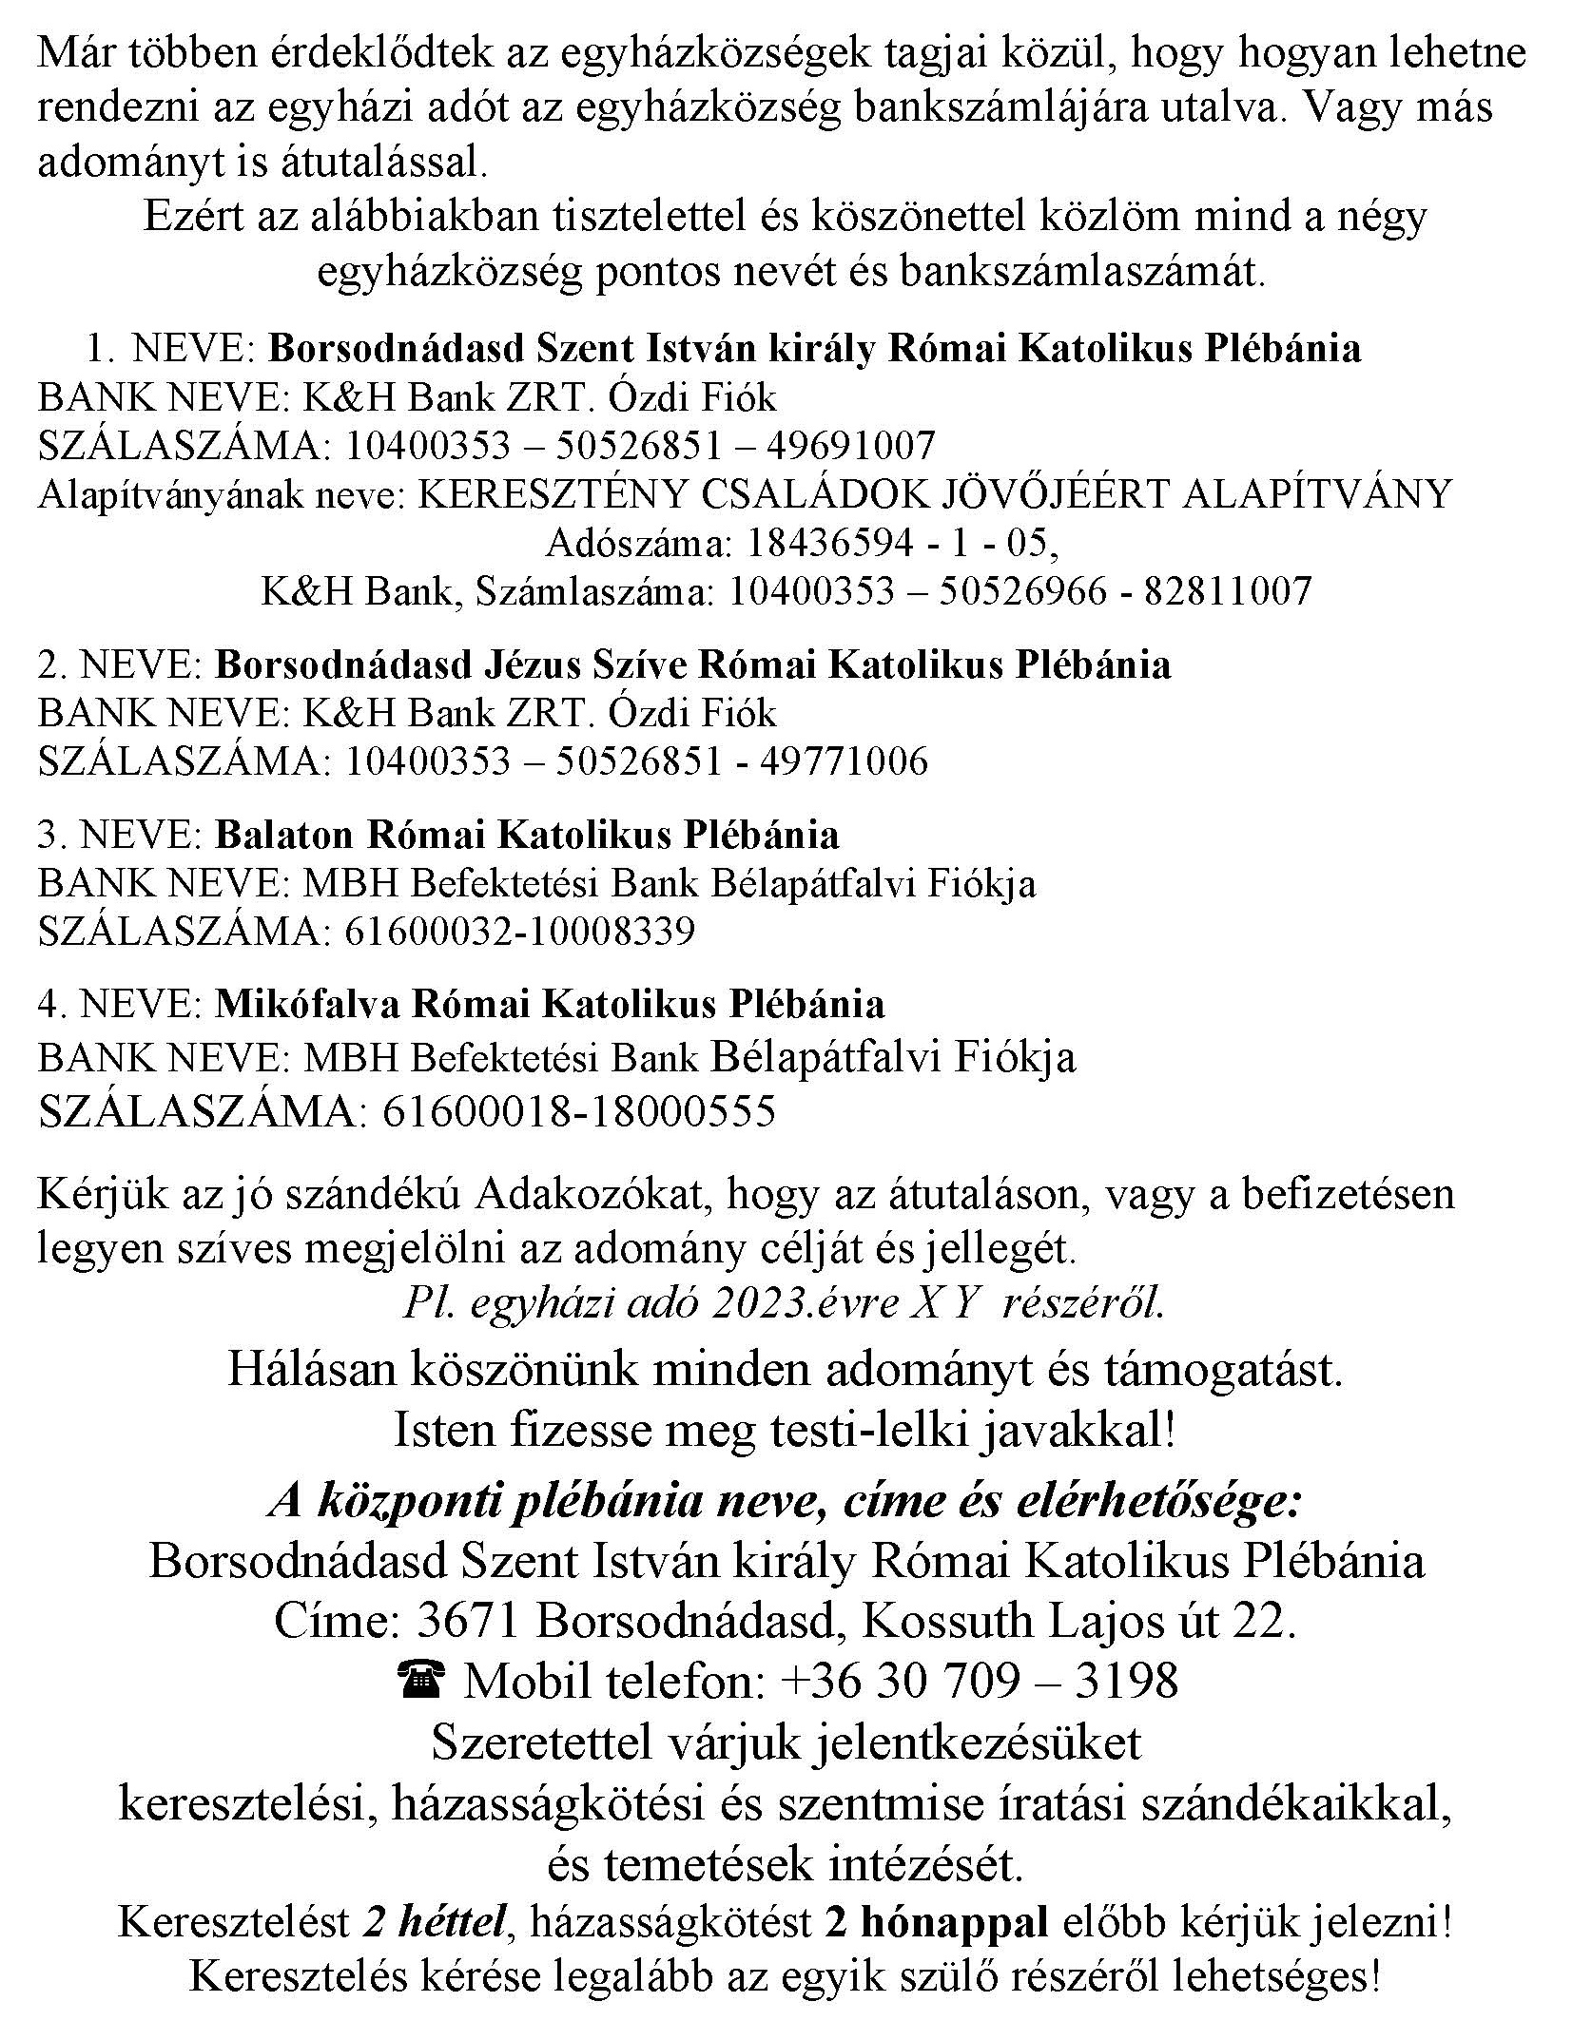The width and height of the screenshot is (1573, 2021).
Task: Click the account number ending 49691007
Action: (639, 445)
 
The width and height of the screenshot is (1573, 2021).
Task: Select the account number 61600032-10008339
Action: (518, 931)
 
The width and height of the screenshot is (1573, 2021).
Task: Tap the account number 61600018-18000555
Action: (578, 1110)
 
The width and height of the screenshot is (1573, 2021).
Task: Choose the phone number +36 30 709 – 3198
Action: (979, 1681)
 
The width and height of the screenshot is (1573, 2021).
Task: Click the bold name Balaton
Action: (283, 835)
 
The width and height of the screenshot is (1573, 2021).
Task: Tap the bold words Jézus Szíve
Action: (586, 664)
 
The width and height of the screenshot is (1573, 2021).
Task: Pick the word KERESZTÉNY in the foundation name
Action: (533, 493)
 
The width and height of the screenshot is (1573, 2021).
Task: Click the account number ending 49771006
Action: (635, 760)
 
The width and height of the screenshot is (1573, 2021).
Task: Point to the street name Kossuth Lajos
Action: (1013, 1621)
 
